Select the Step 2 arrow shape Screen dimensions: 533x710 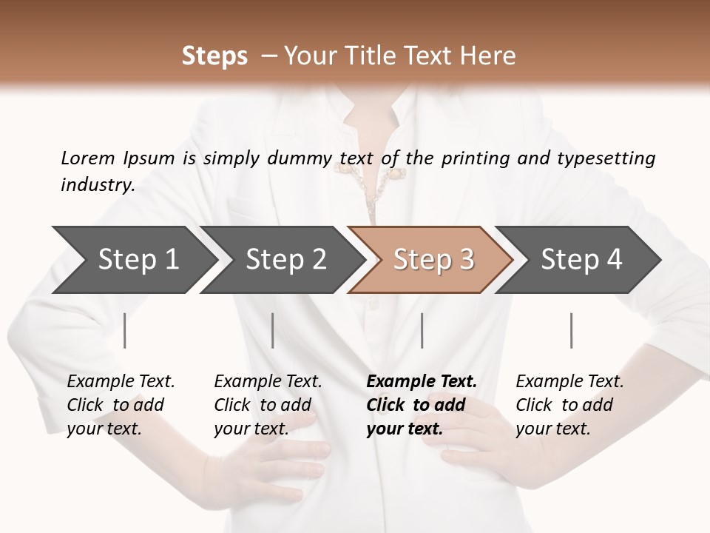(x=285, y=260)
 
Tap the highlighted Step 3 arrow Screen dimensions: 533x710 (x=433, y=260)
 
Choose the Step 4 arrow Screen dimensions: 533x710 (x=581, y=260)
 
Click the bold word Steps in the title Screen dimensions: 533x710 (x=214, y=56)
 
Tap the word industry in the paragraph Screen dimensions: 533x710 (x=97, y=184)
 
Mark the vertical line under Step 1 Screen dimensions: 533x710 (x=125, y=330)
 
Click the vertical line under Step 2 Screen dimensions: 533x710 (x=273, y=330)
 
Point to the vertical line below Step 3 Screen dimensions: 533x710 (x=422, y=330)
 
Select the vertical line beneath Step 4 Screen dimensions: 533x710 (x=572, y=330)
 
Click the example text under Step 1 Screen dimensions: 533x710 (x=121, y=405)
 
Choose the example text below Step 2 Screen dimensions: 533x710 (x=268, y=405)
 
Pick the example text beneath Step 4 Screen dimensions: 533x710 (x=569, y=405)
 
